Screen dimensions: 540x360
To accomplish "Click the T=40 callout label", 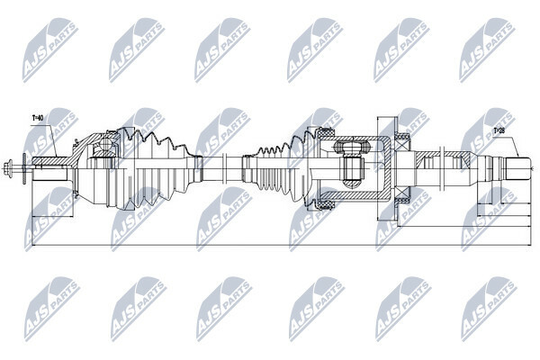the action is pos(38,118).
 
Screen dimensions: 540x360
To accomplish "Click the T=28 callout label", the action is pos(499,130).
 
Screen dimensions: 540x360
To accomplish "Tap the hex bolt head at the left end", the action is pos(8,169).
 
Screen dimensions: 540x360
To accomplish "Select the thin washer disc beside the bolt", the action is pos(24,169).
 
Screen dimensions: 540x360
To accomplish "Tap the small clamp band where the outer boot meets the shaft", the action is pos(198,169).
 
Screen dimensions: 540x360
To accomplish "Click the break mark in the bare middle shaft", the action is pos(224,169).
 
